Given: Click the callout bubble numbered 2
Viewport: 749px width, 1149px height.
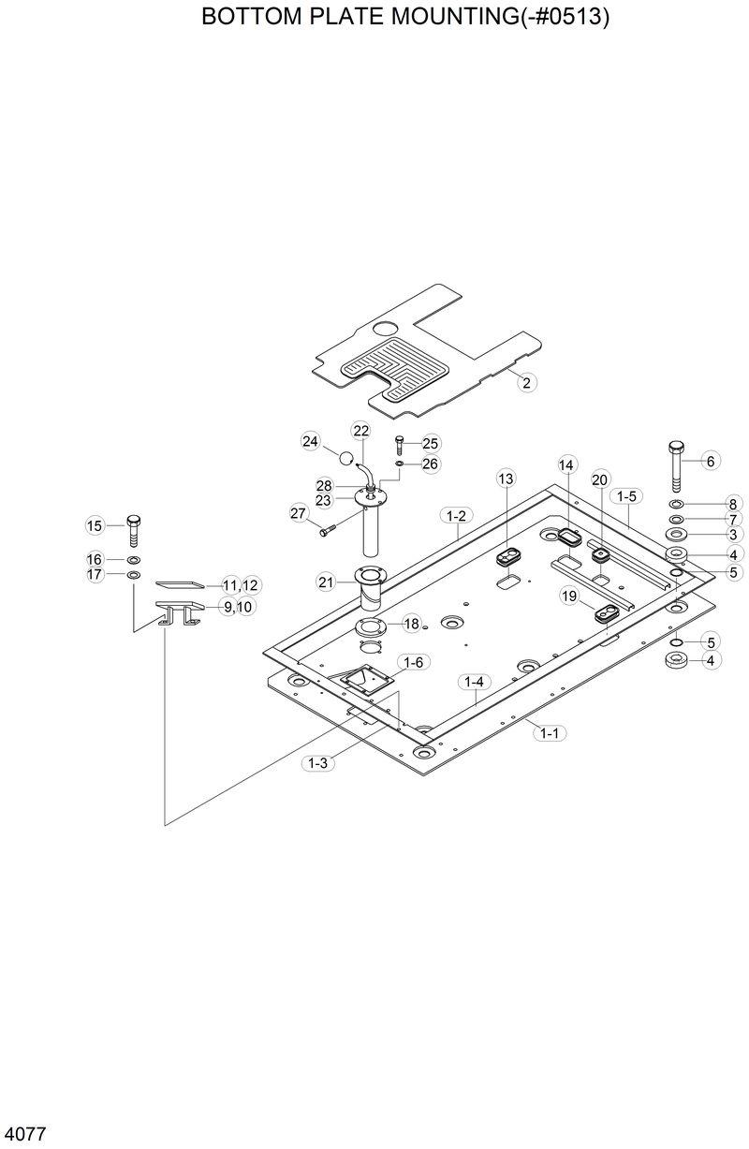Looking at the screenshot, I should pos(526,382).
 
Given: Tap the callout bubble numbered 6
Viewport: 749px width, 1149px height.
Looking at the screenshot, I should pos(710,461).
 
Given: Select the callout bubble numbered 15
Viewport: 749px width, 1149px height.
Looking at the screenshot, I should pos(95,525).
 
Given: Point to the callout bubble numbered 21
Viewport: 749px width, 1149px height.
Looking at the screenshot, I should pos(326,582).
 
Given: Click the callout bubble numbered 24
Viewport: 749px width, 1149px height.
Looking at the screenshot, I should pos(311,441).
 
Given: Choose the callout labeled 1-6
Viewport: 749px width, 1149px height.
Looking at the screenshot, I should pos(413,662).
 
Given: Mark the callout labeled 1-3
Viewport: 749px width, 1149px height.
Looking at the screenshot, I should pos(317,763).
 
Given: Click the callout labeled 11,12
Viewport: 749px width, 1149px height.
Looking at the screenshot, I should pos(241,585).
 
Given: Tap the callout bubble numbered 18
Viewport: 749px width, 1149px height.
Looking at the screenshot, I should pos(411,624).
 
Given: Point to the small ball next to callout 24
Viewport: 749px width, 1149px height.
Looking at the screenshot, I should pos(347,459).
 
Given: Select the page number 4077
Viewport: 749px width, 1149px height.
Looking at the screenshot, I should pos(25,1134).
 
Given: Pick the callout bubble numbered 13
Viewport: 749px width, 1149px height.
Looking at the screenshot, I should pos(506,479).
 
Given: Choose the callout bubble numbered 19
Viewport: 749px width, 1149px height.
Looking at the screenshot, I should pos(569,595).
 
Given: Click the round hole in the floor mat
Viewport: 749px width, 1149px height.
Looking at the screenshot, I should pos(385,330).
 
